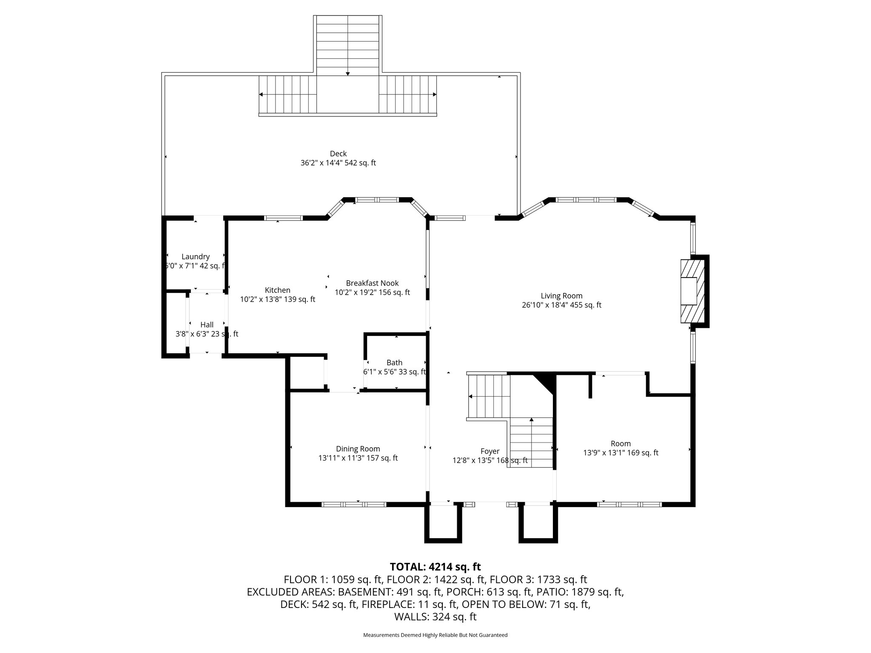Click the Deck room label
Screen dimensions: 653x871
click(x=338, y=153)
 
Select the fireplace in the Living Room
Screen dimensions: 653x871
click(x=692, y=291)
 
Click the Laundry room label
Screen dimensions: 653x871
click(x=195, y=256)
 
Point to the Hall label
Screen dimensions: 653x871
click(x=207, y=324)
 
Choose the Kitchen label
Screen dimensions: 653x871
click(x=277, y=290)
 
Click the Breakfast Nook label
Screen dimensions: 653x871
click(x=372, y=283)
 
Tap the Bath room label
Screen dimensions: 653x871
click(x=394, y=362)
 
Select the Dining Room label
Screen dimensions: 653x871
click(x=358, y=449)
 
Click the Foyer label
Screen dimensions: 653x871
click(x=490, y=451)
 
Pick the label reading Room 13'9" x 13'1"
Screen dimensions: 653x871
click(x=621, y=443)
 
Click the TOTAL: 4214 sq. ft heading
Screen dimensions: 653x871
click(x=435, y=567)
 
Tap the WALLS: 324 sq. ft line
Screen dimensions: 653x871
click(x=435, y=616)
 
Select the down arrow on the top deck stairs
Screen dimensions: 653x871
click(x=347, y=74)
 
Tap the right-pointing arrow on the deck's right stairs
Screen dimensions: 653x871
click(x=434, y=94)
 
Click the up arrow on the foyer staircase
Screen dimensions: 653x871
click(x=531, y=420)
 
